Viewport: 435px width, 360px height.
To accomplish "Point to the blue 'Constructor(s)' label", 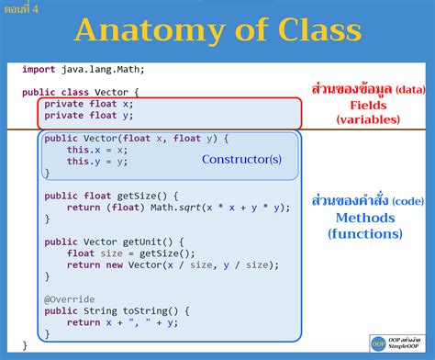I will click(x=241, y=159).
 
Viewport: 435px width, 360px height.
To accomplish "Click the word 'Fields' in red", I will click(x=367, y=106).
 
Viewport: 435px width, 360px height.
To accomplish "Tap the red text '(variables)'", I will click(x=367, y=120).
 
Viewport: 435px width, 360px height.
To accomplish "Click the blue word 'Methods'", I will click(x=364, y=218).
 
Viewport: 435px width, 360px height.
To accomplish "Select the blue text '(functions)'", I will click(x=364, y=233).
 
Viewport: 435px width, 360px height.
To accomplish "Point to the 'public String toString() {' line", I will click(x=117, y=310).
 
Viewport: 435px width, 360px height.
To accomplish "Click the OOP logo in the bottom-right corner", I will click(x=378, y=343).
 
